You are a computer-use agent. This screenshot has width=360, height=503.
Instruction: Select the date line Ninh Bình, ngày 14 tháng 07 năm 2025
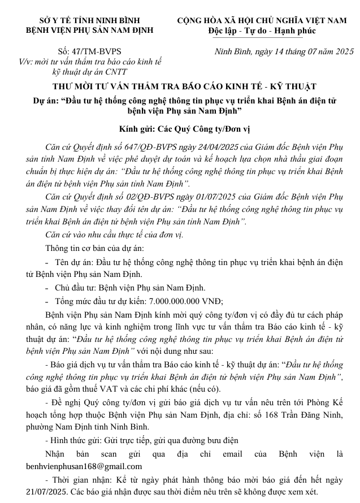(284, 51)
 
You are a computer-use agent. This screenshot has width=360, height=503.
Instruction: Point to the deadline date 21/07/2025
(46, 491)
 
